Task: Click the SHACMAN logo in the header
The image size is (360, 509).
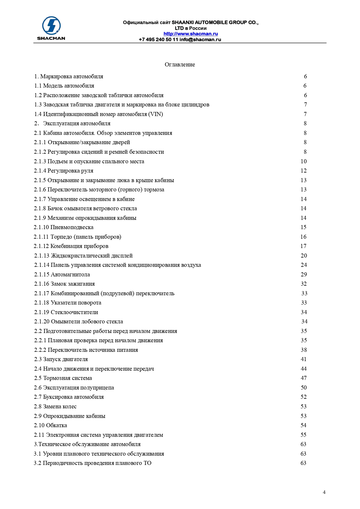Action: click(x=51, y=28)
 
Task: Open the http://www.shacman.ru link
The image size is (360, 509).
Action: click(x=191, y=34)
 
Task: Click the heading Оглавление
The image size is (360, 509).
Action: click(x=180, y=65)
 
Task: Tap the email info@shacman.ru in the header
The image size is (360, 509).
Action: click(x=200, y=40)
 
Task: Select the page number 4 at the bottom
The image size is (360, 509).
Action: click(x=324, y=492)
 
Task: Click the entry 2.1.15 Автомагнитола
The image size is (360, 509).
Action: click(x=62, y=274)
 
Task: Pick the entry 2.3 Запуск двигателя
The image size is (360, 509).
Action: click(x=61, y=359)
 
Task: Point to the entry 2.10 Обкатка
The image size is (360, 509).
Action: click(x=50, y=425)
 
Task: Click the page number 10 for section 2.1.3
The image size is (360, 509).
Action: click(x=303, y=162)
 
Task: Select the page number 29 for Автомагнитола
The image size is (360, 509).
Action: click(x=304, y=274)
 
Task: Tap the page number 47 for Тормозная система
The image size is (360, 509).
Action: click(x=304, y=378)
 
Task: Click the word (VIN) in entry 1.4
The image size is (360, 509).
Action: click(x=155, y=114)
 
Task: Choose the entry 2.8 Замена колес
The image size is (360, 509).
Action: click(x=55, y=407)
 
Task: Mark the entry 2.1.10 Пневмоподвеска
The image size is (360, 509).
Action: click(x=64, y=227)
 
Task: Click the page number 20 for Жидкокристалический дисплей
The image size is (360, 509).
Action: click(x=304, y=256)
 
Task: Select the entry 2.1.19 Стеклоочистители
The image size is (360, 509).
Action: click(x=66, y=312)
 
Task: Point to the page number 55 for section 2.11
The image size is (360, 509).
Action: click(x=303, y=435)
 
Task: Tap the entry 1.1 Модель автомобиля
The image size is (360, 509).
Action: click(x=64, y=86)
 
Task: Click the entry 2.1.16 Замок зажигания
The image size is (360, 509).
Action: click(x=64, y=284)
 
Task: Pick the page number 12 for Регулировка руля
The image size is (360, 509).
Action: click(x=303, y=171)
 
